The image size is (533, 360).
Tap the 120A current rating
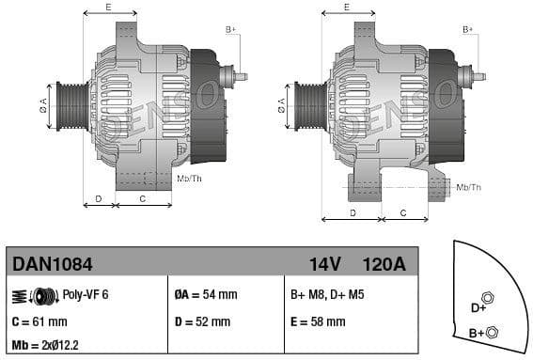pyautogui.click(x=384, y=265)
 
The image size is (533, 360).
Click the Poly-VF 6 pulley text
pyautogui.click(x=86, y=294)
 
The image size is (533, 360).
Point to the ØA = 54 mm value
pyautogui.click(x=206, y=294)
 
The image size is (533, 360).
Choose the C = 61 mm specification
pyautogui.click(x=39, y=321)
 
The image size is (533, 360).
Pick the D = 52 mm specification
pyautogui.click(x=202, y=321)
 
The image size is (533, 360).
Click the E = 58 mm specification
pyautogui.click(x=318, y=321)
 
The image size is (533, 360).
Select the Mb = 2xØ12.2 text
pyautogui.click(x=46, y=346)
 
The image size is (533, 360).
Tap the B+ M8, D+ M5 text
pyautogui.click(x=327, y=294)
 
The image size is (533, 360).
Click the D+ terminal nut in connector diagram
pyautogui.click(x=488, y=298)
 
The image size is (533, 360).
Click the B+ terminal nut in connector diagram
pyautogui.click(x=494, y=331)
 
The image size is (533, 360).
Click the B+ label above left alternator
pyautogui.click(x=230, y=29)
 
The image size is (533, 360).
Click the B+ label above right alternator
pyautogui.click(x=467, y=29)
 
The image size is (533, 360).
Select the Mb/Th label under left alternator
pyautogui.click(x=189, y=178)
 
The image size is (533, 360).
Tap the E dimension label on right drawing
pyautogui.click(x=346, y=7)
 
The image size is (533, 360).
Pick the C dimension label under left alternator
pyautogui.click(x=142, y=198)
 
